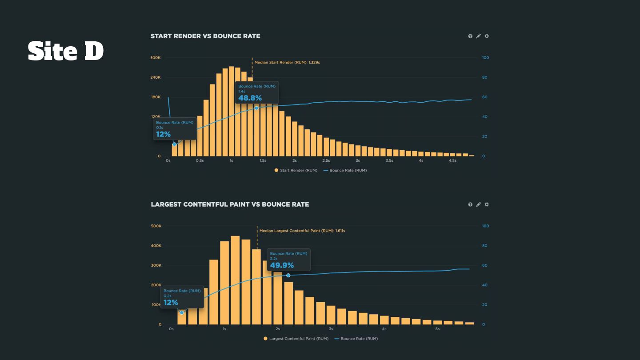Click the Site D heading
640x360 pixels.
66,51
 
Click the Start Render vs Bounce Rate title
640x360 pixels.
205,36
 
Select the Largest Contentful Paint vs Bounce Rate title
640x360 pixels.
230,204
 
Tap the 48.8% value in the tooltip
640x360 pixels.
250,98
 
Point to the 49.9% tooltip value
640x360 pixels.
282,265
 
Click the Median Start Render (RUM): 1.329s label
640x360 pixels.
287,63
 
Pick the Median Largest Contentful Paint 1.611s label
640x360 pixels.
302,231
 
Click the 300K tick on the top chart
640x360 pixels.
155,58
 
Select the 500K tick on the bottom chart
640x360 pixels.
156,226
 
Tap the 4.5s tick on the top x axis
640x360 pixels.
452,160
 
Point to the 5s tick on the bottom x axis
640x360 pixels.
437,329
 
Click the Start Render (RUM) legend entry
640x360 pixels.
296,170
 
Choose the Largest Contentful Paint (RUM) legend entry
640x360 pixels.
296,339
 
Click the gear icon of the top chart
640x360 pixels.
487,36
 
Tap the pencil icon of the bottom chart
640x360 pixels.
478,204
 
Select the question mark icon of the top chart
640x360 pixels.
470,36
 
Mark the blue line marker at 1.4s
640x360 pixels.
256,108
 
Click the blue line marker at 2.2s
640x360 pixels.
288,276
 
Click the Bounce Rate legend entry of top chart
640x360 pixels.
345,170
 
